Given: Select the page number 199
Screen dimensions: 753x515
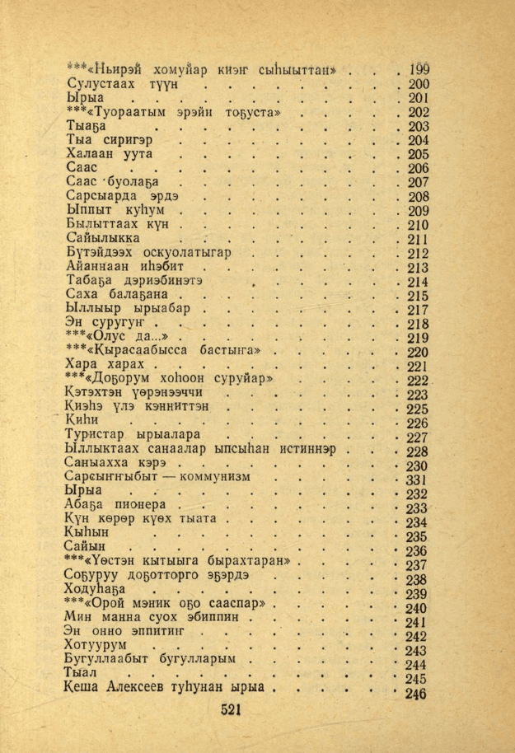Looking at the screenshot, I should pos(419,69).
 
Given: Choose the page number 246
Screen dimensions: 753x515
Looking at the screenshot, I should pos(416,694).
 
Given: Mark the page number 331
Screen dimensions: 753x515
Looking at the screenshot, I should pos(417,480).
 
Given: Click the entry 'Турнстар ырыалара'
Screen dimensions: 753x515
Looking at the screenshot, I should pos(132,437).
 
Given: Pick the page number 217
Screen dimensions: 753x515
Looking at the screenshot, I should pos(419,310).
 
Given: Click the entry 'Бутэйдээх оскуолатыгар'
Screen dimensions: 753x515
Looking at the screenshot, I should pos(147,253).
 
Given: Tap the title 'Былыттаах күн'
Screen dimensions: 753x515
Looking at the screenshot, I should pos(115,224).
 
